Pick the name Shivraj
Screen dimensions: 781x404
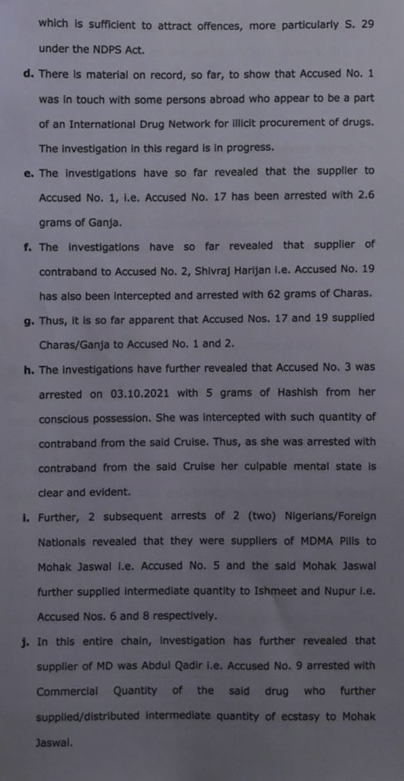point(231,271)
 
